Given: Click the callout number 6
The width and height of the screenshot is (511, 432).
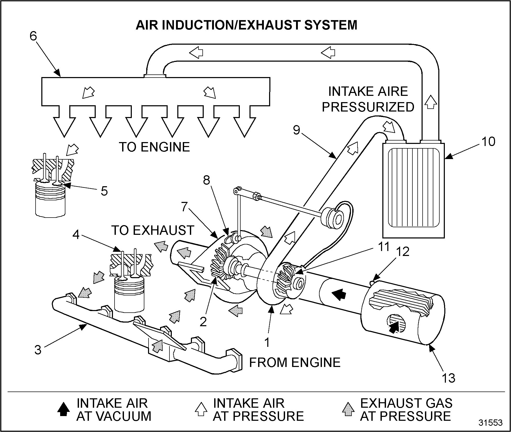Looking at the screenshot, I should point(33,36).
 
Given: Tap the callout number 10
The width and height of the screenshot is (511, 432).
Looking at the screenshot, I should point(488,142).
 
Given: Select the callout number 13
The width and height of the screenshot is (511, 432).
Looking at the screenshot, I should point(448,378).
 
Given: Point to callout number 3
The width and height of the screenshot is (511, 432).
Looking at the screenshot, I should point(38,350).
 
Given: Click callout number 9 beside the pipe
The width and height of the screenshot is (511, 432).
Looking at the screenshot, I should point(296,130).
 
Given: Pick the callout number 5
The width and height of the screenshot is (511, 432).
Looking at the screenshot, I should point(104,191).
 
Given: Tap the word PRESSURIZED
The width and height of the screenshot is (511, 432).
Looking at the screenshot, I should point(368,107).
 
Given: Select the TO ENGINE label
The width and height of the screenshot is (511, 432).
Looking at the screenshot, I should point(154,147).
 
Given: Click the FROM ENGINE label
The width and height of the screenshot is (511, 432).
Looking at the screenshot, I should point(295,363).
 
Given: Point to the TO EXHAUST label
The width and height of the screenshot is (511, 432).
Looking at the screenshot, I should point(153,230).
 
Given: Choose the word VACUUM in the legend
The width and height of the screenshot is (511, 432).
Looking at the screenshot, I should point(114,416).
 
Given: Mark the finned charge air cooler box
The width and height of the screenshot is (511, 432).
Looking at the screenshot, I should point(413,189).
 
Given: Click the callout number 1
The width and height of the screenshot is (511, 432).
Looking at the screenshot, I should point(267,342).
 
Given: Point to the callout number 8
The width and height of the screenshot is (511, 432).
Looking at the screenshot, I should point(207,180).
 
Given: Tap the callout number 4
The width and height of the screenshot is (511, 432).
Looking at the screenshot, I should point(76,235).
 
